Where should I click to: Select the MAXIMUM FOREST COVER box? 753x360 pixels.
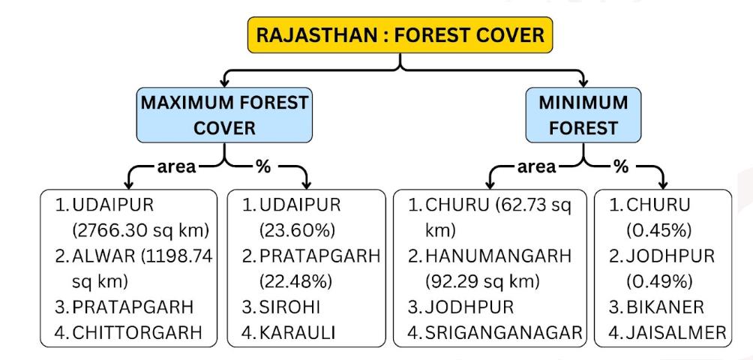225,115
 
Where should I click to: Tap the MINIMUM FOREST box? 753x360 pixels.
583,115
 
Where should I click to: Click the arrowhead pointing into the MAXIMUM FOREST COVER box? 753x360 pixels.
224,82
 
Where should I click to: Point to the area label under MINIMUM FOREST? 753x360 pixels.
536,167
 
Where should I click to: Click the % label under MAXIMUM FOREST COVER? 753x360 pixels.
263,166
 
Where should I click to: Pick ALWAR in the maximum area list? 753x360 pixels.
103,256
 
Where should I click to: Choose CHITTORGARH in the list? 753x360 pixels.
136,333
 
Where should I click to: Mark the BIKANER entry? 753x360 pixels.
664,307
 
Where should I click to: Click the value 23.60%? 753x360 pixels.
297,231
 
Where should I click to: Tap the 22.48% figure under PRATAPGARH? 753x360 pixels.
295,282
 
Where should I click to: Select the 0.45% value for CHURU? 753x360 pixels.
658,231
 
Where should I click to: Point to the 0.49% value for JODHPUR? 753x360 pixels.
658,282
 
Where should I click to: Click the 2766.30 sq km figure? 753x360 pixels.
141,231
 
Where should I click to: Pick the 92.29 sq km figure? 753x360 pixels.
483,282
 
